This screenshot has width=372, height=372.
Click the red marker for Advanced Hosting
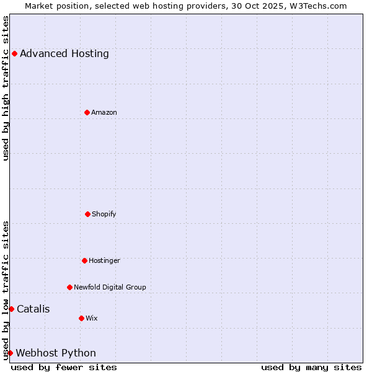point(14,53)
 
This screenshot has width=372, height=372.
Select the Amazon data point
point(87,112)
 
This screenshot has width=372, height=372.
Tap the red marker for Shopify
point(87,214)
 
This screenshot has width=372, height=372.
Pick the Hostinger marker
point(84,260)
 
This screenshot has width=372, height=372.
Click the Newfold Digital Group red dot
point(69,287)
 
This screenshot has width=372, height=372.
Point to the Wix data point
point(81,318)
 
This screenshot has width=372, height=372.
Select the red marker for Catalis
point(11,309)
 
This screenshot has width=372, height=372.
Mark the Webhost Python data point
point(10,353)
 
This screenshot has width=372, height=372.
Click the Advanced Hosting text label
point(64,53)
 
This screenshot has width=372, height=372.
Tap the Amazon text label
point(104,112)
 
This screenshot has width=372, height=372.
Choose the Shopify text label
point(104,214)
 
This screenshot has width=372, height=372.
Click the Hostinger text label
point(104,260)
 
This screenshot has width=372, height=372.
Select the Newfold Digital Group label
point(110,287)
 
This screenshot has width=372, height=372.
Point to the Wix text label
point(92,318)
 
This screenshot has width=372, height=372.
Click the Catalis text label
point(33,309)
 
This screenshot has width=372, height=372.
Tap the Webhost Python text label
point(56,353)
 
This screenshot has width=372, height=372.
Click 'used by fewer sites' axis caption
point(64,367)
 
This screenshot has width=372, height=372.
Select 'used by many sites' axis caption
point(311,367)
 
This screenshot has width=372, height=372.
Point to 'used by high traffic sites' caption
point(6,88)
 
